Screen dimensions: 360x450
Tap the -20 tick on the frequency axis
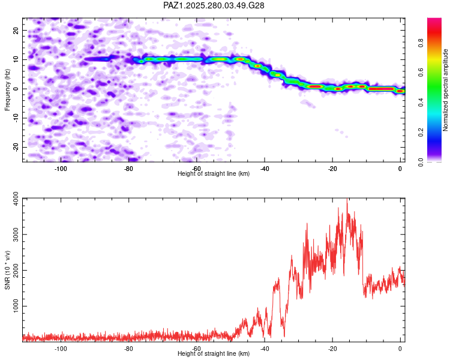point(15,147)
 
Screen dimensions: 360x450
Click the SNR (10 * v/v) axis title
point(8,269)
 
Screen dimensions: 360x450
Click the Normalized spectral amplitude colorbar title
point(446,90)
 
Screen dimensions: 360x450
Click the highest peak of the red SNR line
point(347,199)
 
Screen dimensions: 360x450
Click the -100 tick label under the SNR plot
point(61,348)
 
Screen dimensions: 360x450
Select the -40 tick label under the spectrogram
point(264,169)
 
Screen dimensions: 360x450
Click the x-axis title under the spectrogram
point(214,174)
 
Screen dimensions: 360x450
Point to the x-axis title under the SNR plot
point(214,353)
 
